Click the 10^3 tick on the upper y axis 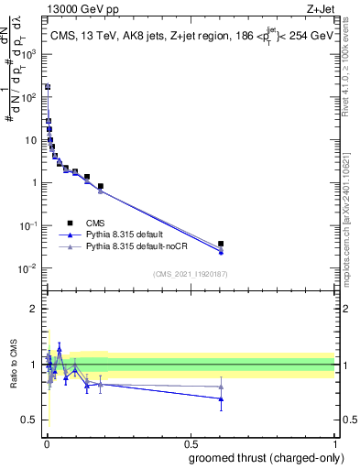tap(30, 54)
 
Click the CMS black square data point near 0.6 tap(221, 244)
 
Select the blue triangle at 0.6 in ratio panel tap(221, 398)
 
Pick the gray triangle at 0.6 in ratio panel tap(221, 387)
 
